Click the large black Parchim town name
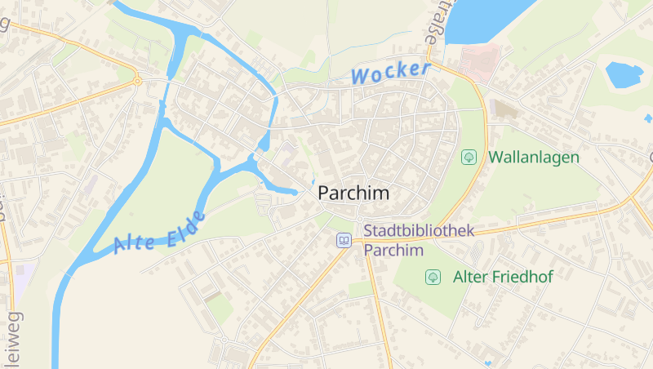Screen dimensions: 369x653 [353, 194]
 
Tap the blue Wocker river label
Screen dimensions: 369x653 [390, 73]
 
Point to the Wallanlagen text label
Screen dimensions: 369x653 [534, 157]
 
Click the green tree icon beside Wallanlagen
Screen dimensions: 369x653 [469, 157]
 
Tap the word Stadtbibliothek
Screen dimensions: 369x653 [419, 232]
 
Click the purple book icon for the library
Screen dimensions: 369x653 [344, 240]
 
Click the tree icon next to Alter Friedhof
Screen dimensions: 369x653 [433, 278]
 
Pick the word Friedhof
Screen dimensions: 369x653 [522, 278]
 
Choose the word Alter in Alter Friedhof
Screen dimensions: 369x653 [470, 278]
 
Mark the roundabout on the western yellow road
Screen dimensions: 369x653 [138, 81]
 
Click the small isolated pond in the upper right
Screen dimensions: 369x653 [624, 75]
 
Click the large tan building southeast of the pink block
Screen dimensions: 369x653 [506, 109]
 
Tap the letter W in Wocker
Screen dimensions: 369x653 [360, 78]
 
